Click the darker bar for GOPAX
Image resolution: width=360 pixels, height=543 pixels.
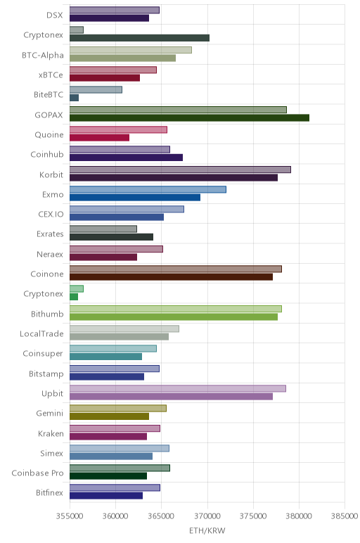189,117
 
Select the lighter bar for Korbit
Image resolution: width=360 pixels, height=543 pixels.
180,170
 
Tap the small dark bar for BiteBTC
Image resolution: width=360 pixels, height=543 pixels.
74,98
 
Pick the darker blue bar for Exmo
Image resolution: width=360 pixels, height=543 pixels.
135,198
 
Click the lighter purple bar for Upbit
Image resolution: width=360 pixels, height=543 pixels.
178,388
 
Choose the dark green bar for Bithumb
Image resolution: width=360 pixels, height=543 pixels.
174,317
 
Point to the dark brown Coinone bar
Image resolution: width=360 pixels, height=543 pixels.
171,277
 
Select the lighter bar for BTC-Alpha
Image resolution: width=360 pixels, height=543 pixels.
131,50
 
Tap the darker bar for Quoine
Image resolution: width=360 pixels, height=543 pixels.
99,137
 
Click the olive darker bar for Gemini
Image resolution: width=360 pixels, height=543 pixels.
109,416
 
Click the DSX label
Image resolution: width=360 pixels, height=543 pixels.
55,15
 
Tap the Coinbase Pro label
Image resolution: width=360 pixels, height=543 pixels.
37,473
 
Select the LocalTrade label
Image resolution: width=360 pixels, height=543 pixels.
41,334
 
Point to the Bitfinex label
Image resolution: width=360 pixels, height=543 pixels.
49,493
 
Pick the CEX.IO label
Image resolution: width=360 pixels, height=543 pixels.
51,215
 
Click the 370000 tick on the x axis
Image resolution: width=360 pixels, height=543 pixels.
207,516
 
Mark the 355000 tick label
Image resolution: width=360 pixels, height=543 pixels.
70,516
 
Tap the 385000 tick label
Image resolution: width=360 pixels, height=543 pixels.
345,516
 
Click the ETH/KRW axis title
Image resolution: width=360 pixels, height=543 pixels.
207,531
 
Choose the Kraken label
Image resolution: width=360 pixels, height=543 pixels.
51,433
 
